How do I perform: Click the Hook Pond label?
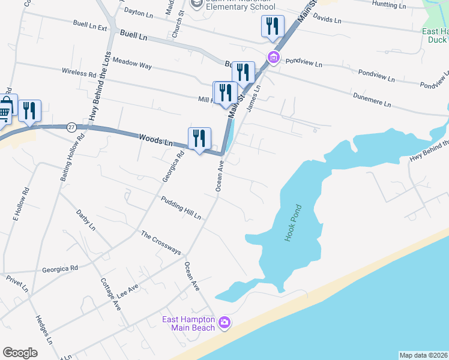[292, 224]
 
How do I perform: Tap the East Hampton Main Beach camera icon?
[224, 323]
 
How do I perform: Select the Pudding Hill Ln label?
[180, 207]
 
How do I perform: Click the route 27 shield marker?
[71, 127]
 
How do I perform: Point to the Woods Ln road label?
[155, 140]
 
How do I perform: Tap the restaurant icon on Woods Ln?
[199, 139]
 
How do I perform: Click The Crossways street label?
[160, 242]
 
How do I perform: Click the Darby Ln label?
[86, 220]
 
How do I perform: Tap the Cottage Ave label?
[110, 293]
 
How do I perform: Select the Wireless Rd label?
[79, 73]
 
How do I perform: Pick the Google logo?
[20, 353]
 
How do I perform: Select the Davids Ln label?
[327, 19]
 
